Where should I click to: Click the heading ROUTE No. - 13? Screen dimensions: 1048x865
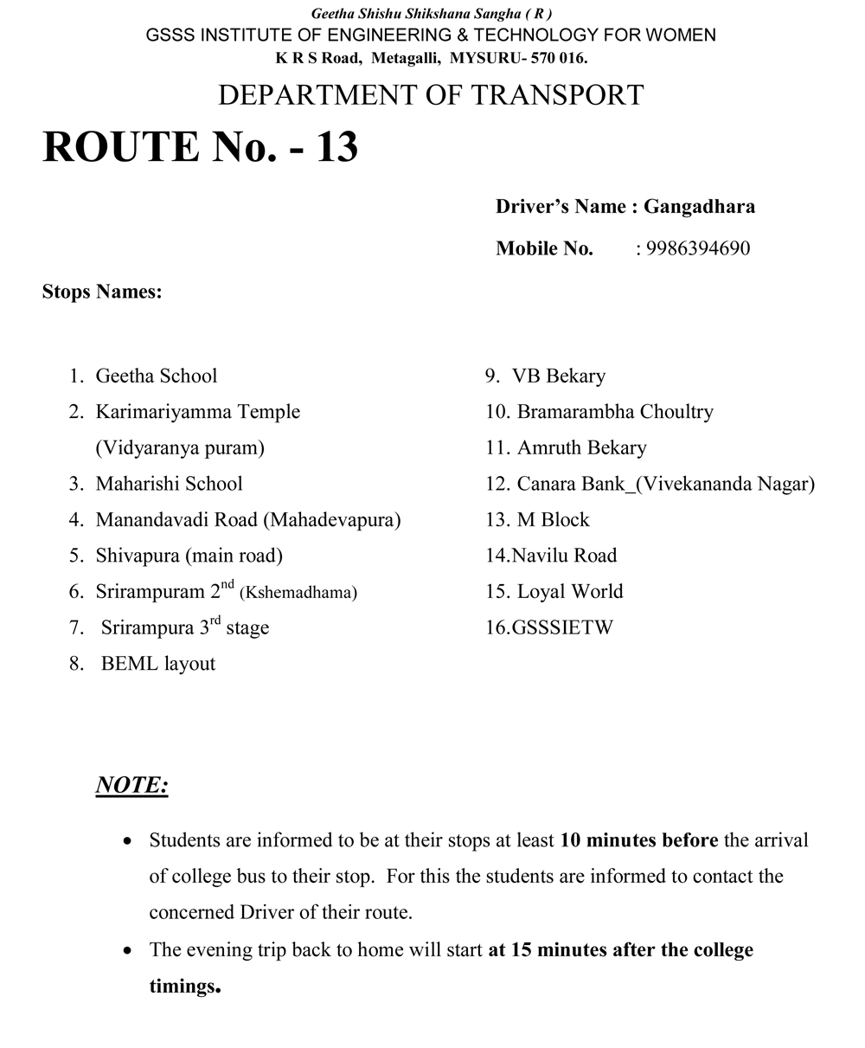[x=200, y=146]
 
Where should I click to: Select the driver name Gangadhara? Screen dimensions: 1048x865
[x=699, y=207]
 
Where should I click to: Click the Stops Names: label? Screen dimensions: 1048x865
[x=102, y=293]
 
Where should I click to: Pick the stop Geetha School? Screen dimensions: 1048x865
[x=157, y=376]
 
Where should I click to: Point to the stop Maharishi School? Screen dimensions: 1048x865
[x=169, y=484]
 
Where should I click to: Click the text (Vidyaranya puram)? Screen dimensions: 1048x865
[x=180, y=448]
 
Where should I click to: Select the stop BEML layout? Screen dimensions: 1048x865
[x=158, y=664]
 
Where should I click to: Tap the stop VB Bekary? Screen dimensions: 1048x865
[x=559, y=376]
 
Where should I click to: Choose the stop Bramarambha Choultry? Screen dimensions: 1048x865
[x=615, y=412]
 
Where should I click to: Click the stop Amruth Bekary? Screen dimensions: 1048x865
[x=581, y=448]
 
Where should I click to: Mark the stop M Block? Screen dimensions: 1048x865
[x=553, y=520]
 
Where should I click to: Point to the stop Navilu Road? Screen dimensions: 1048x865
[x=564, y=556]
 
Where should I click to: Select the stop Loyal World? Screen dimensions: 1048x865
[x=570, y=592]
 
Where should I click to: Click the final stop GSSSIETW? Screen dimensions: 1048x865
[x=562, y=628]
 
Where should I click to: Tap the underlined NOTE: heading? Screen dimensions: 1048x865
[x=131, y=786]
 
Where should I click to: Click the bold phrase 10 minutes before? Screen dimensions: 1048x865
[x=639, y=840]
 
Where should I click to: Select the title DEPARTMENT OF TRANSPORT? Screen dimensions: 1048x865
[x=431, y=95]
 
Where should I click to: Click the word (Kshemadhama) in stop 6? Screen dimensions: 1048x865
[x=298, y=593]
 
